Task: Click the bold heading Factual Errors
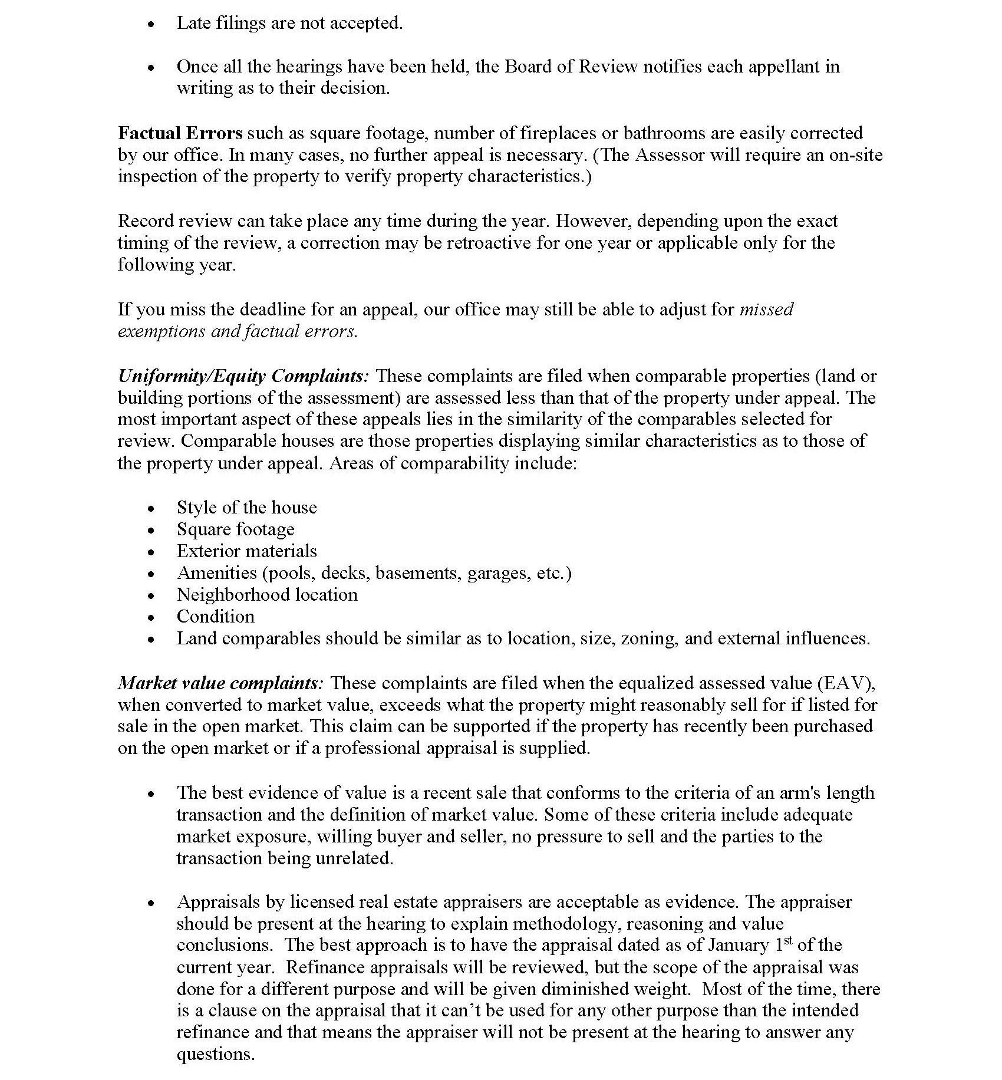click(x=180, y=133)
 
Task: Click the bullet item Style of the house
click(x=246, y=508)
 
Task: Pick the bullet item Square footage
click(x=235, y=529)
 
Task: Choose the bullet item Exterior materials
click(x=246, y=551)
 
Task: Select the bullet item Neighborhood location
click(x=267, y=595)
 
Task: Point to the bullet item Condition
click(x=215, y=617)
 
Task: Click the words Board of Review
click(x=571, y=67)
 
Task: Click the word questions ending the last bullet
click(x=215, y=1055)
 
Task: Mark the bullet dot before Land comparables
click(x=151, y=639)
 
